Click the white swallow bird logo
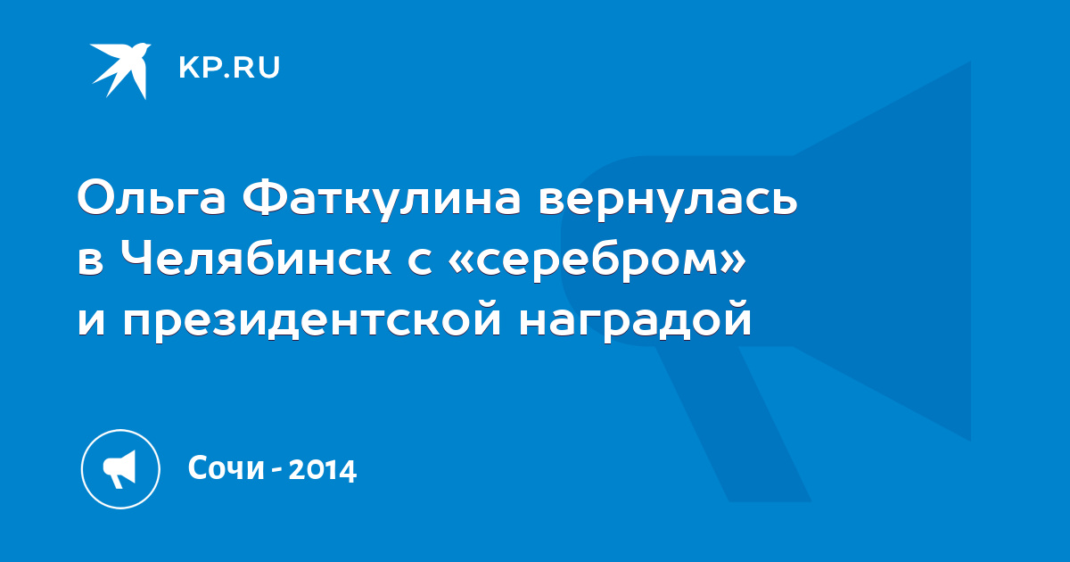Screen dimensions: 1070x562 pyautogui.click(x=120, y=70)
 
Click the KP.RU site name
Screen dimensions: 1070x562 pyautogui.click(x=229, y=68)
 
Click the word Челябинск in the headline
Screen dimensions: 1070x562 pyautogui.click(x=256, y=259)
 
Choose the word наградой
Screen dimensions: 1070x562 pyautogui.click(x=635, y=320)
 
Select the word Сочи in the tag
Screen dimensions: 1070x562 pyautogui.click(x=226, y=467)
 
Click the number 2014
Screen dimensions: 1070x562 pyautogui.click(x=323, y=469)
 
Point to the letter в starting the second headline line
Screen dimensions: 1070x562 pyautogui.click(x=91, y=262)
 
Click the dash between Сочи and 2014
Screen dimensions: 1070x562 pyautogui.click(x=276, y=471)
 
